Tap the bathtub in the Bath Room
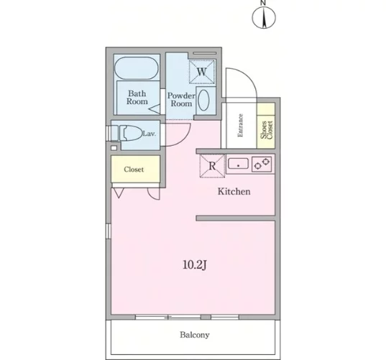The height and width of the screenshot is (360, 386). (x=137, y=68)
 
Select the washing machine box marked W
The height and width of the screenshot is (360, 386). (x=202, y=72)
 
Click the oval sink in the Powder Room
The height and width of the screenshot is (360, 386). (x=204, y=100)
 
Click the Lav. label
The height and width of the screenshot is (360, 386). (x=150, y=134)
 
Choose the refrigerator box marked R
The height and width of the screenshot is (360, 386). (x=212, y=165)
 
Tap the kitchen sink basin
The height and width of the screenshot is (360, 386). (x=238, y=164)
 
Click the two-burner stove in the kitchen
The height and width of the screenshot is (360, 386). (x=262, y=164)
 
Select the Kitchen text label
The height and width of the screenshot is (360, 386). (x=234, y=191)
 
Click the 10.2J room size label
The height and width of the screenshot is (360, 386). (x=194, y=264)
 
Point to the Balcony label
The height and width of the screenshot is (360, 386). (x=195, y=335)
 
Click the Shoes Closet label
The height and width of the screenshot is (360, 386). (x=267, y=130)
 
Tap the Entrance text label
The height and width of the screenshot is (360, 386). (x=240, y=125)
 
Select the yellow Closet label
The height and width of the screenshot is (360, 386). (x=134, y=170)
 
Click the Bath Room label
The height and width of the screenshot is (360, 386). (x=137, y=98)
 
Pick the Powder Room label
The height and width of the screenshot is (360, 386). (x=181, y=99)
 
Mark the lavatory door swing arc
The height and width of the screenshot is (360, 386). (x=181, y=139)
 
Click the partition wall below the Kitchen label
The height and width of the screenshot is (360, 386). (x=235, y=218)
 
